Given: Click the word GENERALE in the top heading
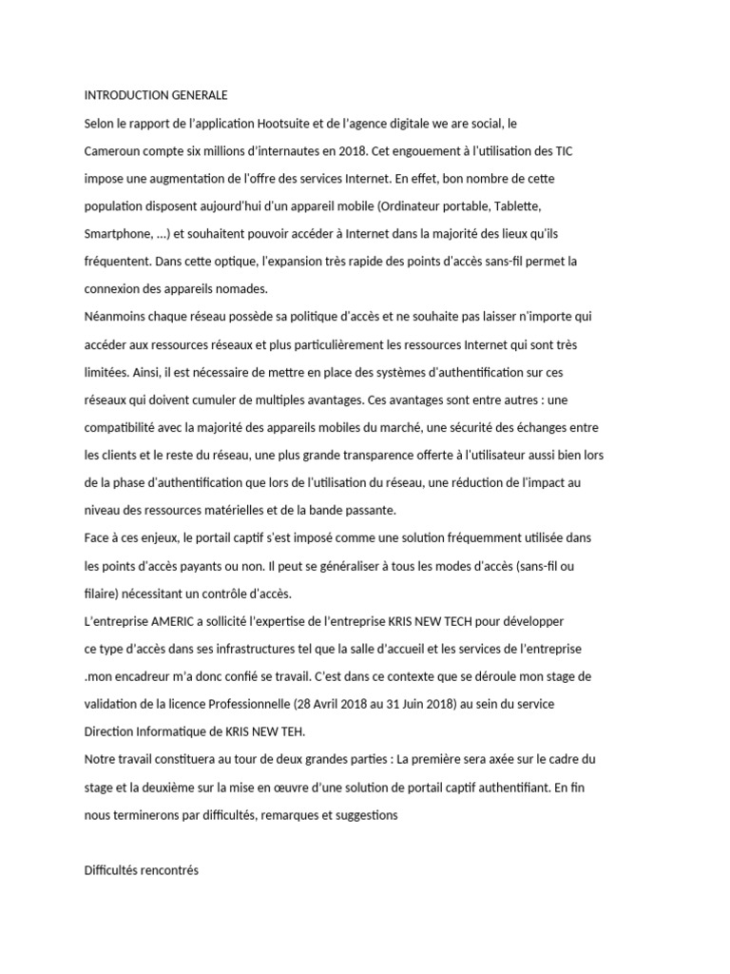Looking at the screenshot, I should [195, 96].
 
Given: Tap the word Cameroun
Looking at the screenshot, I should [114, 151].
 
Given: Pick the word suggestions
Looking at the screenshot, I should [357, 815].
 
